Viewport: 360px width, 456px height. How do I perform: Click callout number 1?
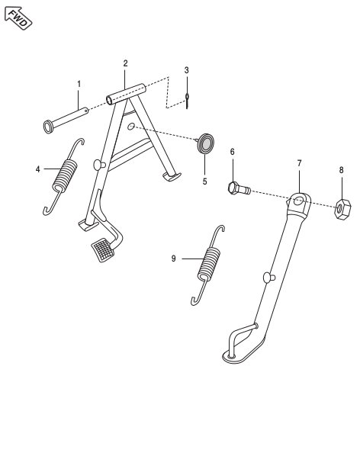tap(78, 82)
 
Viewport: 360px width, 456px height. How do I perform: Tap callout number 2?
tap(125, 63)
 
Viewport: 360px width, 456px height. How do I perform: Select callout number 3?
tap(186, 70)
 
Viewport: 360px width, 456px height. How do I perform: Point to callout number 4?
tap(37, 169)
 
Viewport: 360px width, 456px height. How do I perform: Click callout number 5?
tap(204, 181)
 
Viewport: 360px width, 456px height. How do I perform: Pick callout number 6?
tap(233, 153)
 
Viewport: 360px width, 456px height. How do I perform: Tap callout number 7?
tap(299, 163)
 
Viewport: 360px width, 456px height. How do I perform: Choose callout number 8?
tap(341, 170)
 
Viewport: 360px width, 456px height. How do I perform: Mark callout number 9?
tap(174, 259)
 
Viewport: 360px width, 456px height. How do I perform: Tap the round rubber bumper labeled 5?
tap(204, 143)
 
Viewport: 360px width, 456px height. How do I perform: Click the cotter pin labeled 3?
tap(187, 98)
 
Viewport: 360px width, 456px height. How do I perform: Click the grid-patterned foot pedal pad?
tap(102, 249)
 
